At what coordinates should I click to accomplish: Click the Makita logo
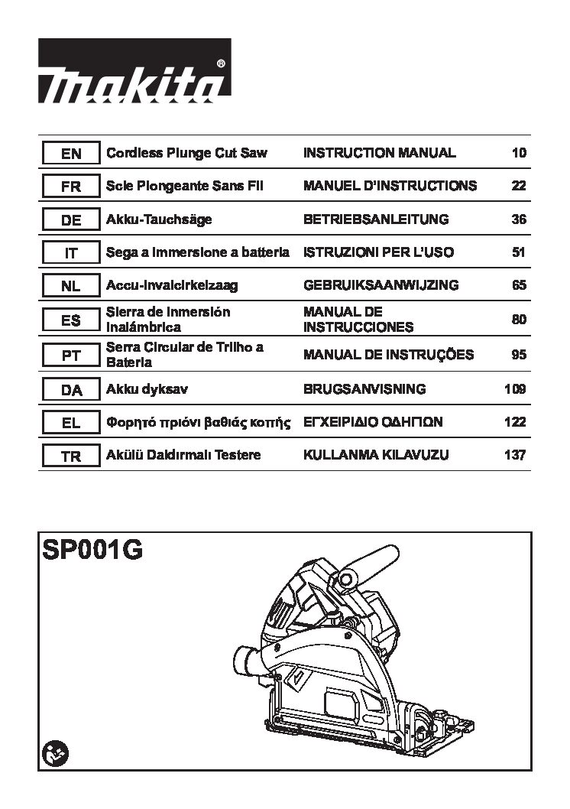[134, 70]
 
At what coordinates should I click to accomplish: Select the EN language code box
[71, 153]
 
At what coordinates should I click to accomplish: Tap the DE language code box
[71, 219]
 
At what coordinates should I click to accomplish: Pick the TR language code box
[71, 456]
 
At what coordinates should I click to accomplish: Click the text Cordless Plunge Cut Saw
[186, 153]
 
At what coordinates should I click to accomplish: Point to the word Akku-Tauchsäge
[159, 219]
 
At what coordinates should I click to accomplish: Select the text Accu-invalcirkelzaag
[172, 285]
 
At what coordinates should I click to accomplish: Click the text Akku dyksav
[147, 389]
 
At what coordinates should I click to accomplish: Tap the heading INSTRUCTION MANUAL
[379, 153]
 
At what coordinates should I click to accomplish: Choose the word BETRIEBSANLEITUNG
[376, 219]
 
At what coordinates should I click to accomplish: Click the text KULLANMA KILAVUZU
[376, 454]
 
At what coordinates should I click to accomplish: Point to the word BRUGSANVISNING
[364, 389]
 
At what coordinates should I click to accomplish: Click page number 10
[519, 153]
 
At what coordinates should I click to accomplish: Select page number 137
[516, 455]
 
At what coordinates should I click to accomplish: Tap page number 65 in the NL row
[519, 285]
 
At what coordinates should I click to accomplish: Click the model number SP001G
[92, 550]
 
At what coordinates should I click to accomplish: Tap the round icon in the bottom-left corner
[55, 755]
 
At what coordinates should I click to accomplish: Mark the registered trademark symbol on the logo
[221, 64]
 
